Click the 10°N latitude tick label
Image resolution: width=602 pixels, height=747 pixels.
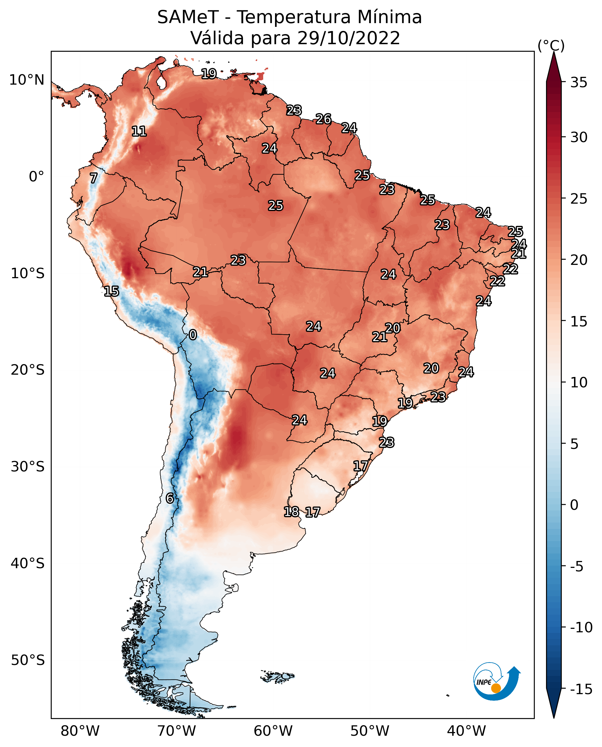coord(27,80)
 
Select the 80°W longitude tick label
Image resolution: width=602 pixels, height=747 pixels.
coord(80,731)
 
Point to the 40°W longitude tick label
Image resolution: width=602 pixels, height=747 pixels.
coord(466,731)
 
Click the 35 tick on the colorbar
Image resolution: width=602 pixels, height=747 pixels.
coord(579,83)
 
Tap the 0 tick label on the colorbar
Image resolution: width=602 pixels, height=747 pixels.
coord(574,505)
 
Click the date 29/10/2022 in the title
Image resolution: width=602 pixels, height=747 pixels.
coord(349,38)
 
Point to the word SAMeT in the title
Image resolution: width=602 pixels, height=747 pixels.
coord(188,17)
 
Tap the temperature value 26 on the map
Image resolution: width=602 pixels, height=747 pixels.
coord(323,119)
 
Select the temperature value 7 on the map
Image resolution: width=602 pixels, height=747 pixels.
coord(94,178)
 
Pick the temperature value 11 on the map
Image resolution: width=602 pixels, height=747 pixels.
coord(139,131)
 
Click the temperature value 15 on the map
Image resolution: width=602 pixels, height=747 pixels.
coord(111,291)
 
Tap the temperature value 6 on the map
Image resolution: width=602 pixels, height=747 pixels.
coord(170,498)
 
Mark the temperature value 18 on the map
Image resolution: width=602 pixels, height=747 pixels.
coord(291,511)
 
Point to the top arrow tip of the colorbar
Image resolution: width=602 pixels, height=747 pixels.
coord(554,52)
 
